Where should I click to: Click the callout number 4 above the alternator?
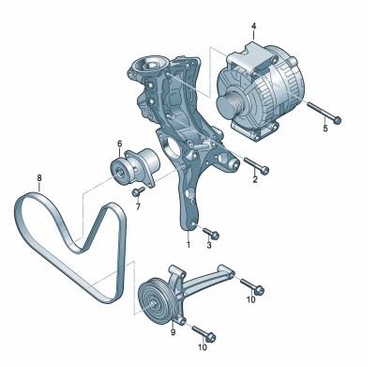click(253, 25)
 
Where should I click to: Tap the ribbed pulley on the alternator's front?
click(229, 105)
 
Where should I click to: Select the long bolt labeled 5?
click(324, 114)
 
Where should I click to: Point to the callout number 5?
click(325, 128)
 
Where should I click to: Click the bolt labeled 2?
click(256, 165)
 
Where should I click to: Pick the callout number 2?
click(255, 179)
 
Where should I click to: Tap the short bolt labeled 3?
click(211, 234)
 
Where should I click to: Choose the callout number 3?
click(209, 245)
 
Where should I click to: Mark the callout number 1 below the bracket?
click(188, 245)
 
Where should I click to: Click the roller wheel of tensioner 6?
click(120, 172)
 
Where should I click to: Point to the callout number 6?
click(120, 144)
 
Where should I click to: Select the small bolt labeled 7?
click(138, 191)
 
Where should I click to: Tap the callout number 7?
click(138, 206)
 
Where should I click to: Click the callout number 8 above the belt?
click(39, 178)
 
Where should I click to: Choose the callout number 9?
click(173, 332)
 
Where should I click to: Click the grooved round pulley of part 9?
click(154, 301)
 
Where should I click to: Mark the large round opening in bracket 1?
click(173, 146)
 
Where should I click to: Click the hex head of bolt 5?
click(337, 120)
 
